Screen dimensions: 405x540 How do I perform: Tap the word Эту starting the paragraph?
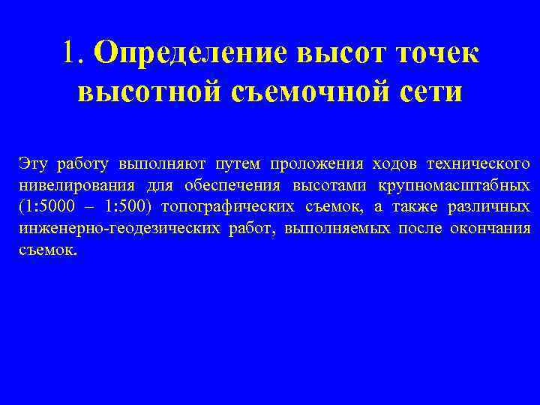click(33, 163)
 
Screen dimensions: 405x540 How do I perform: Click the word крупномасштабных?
click(457, 185)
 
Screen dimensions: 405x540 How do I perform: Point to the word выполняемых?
click(348, 228)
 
